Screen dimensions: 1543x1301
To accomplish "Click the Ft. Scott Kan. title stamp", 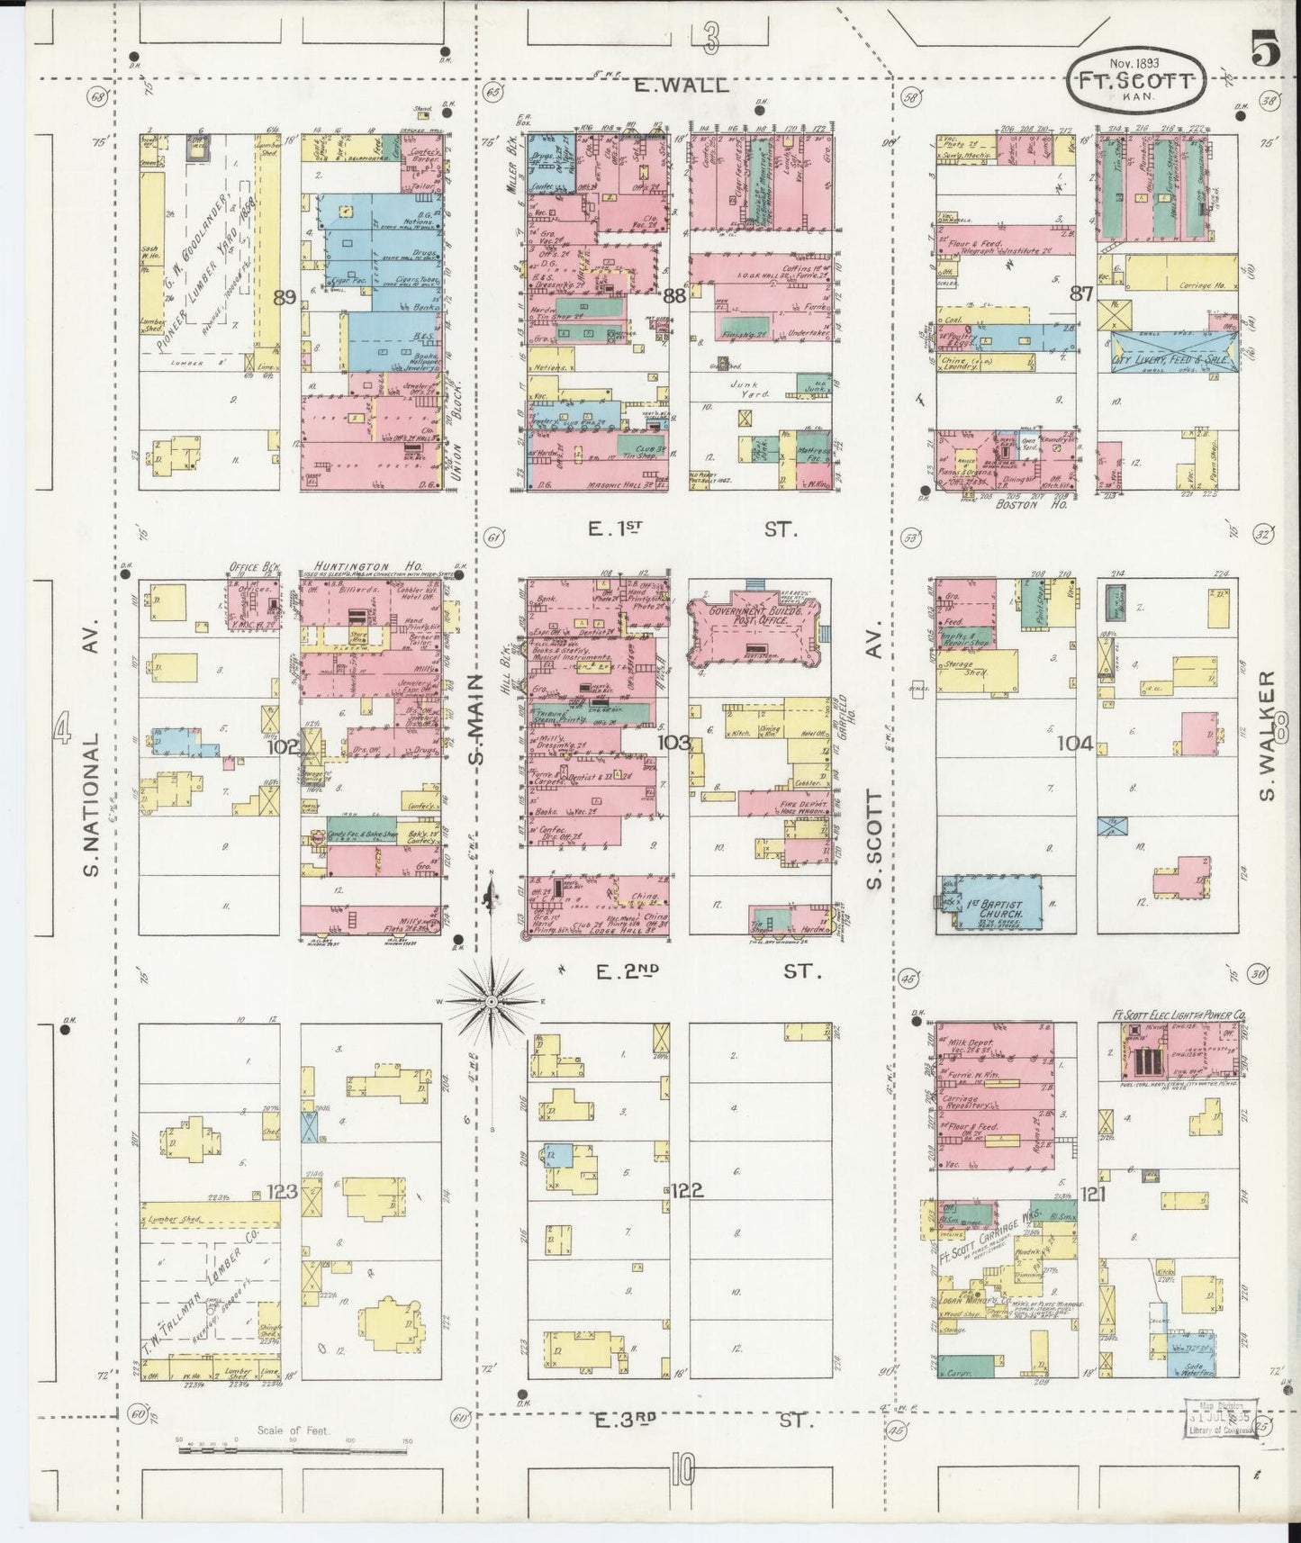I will [x=1134, y=80].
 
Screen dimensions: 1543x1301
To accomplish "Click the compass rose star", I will [x=492, y=1001].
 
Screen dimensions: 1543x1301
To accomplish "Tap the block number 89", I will [x=285, y=297].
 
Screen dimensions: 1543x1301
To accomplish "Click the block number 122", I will [x=685, y=1191].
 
